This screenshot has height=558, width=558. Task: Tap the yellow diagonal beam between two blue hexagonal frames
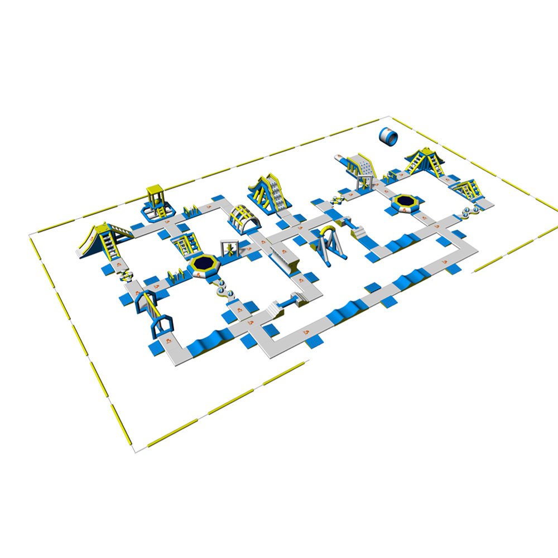click(x=149, y=304)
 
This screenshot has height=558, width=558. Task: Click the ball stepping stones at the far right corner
click(x=472, y=211)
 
